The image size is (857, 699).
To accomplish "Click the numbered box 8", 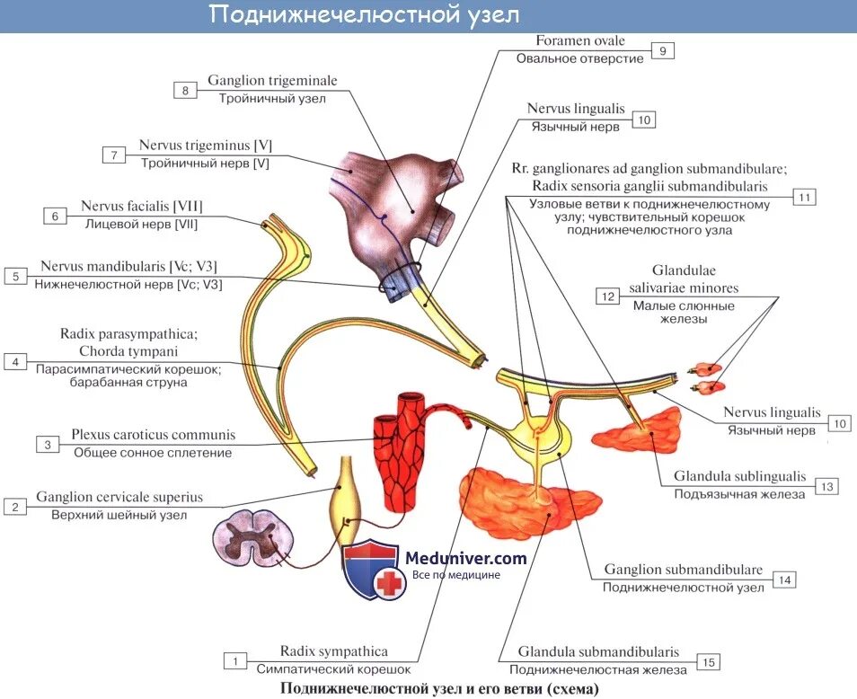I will pyautogui.click(x=185, y=90).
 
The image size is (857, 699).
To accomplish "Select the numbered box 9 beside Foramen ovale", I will pyautogui.click(x=661, y=51).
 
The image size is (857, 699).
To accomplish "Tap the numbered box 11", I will pyautogui.click(x=804, y=198).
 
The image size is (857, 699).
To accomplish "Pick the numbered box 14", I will pyautogui.click(x=785, y=580).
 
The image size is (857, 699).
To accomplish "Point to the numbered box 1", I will pyautogui.click(x=234, y=661).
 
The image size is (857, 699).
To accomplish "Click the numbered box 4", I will pyautogui.click(x=15, y=362).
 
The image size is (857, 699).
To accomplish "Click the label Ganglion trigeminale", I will pyautogui.click(x=272, y=81).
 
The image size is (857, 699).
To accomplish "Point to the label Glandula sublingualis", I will pyautogui.click(x=741, y=477).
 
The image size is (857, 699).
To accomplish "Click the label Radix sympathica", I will pyautogui.click(x=334, y=651).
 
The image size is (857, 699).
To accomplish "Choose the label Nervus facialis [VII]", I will pyautogui.click(x=141, y=206).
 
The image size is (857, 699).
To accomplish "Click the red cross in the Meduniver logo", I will pyautogui.click(x=389, y=584).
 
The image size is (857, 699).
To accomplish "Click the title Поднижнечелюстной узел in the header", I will pyautogui.click(x=364, y=15).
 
